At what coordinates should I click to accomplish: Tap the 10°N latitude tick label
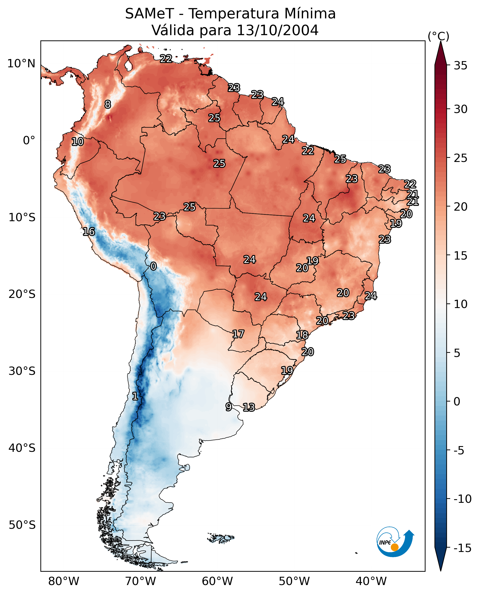pos(21,64)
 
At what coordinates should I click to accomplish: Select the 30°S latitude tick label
pos(22,371)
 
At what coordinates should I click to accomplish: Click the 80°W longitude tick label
pos(64,581)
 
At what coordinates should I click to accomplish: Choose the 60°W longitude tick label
pos(217,581)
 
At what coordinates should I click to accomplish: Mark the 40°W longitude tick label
pos(371,581)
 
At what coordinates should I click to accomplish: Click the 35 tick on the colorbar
pos(460,66)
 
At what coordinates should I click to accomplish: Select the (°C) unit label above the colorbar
pos(438,36)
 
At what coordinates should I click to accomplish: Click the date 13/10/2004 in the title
pos(278,30)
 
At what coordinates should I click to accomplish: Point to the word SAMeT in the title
pos(149,14)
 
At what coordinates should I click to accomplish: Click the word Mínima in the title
pos(310,14)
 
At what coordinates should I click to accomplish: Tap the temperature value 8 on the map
pos(108,104)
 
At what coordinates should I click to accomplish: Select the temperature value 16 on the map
pos(89,232)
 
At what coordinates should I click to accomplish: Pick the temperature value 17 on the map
pos(238,334)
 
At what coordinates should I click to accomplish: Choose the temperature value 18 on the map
pos(302,335)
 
